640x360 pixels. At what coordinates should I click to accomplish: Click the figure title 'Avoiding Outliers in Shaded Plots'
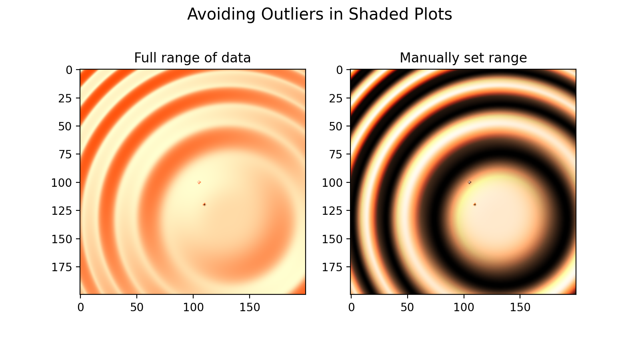click(320, 14)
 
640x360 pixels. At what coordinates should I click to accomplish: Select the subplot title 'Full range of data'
click(192, 58)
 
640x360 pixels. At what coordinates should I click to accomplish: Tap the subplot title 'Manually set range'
click(463, 58)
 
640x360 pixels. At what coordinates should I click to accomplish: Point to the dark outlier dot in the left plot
click(204, 204)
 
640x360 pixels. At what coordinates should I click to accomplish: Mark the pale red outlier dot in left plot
click(199, 182)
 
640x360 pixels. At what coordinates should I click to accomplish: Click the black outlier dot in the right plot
click(470, 182)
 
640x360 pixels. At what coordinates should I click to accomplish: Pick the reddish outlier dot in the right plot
click(475, 204)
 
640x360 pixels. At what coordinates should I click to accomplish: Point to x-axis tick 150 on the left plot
click(250, 307)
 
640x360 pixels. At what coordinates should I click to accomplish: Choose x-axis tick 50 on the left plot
click(137, 307)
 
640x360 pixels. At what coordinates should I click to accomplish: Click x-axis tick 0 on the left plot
click(81, 307)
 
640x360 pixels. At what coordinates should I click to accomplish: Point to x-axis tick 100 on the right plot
click(464, 307)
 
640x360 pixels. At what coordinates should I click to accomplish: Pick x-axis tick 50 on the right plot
click(408, 307)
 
